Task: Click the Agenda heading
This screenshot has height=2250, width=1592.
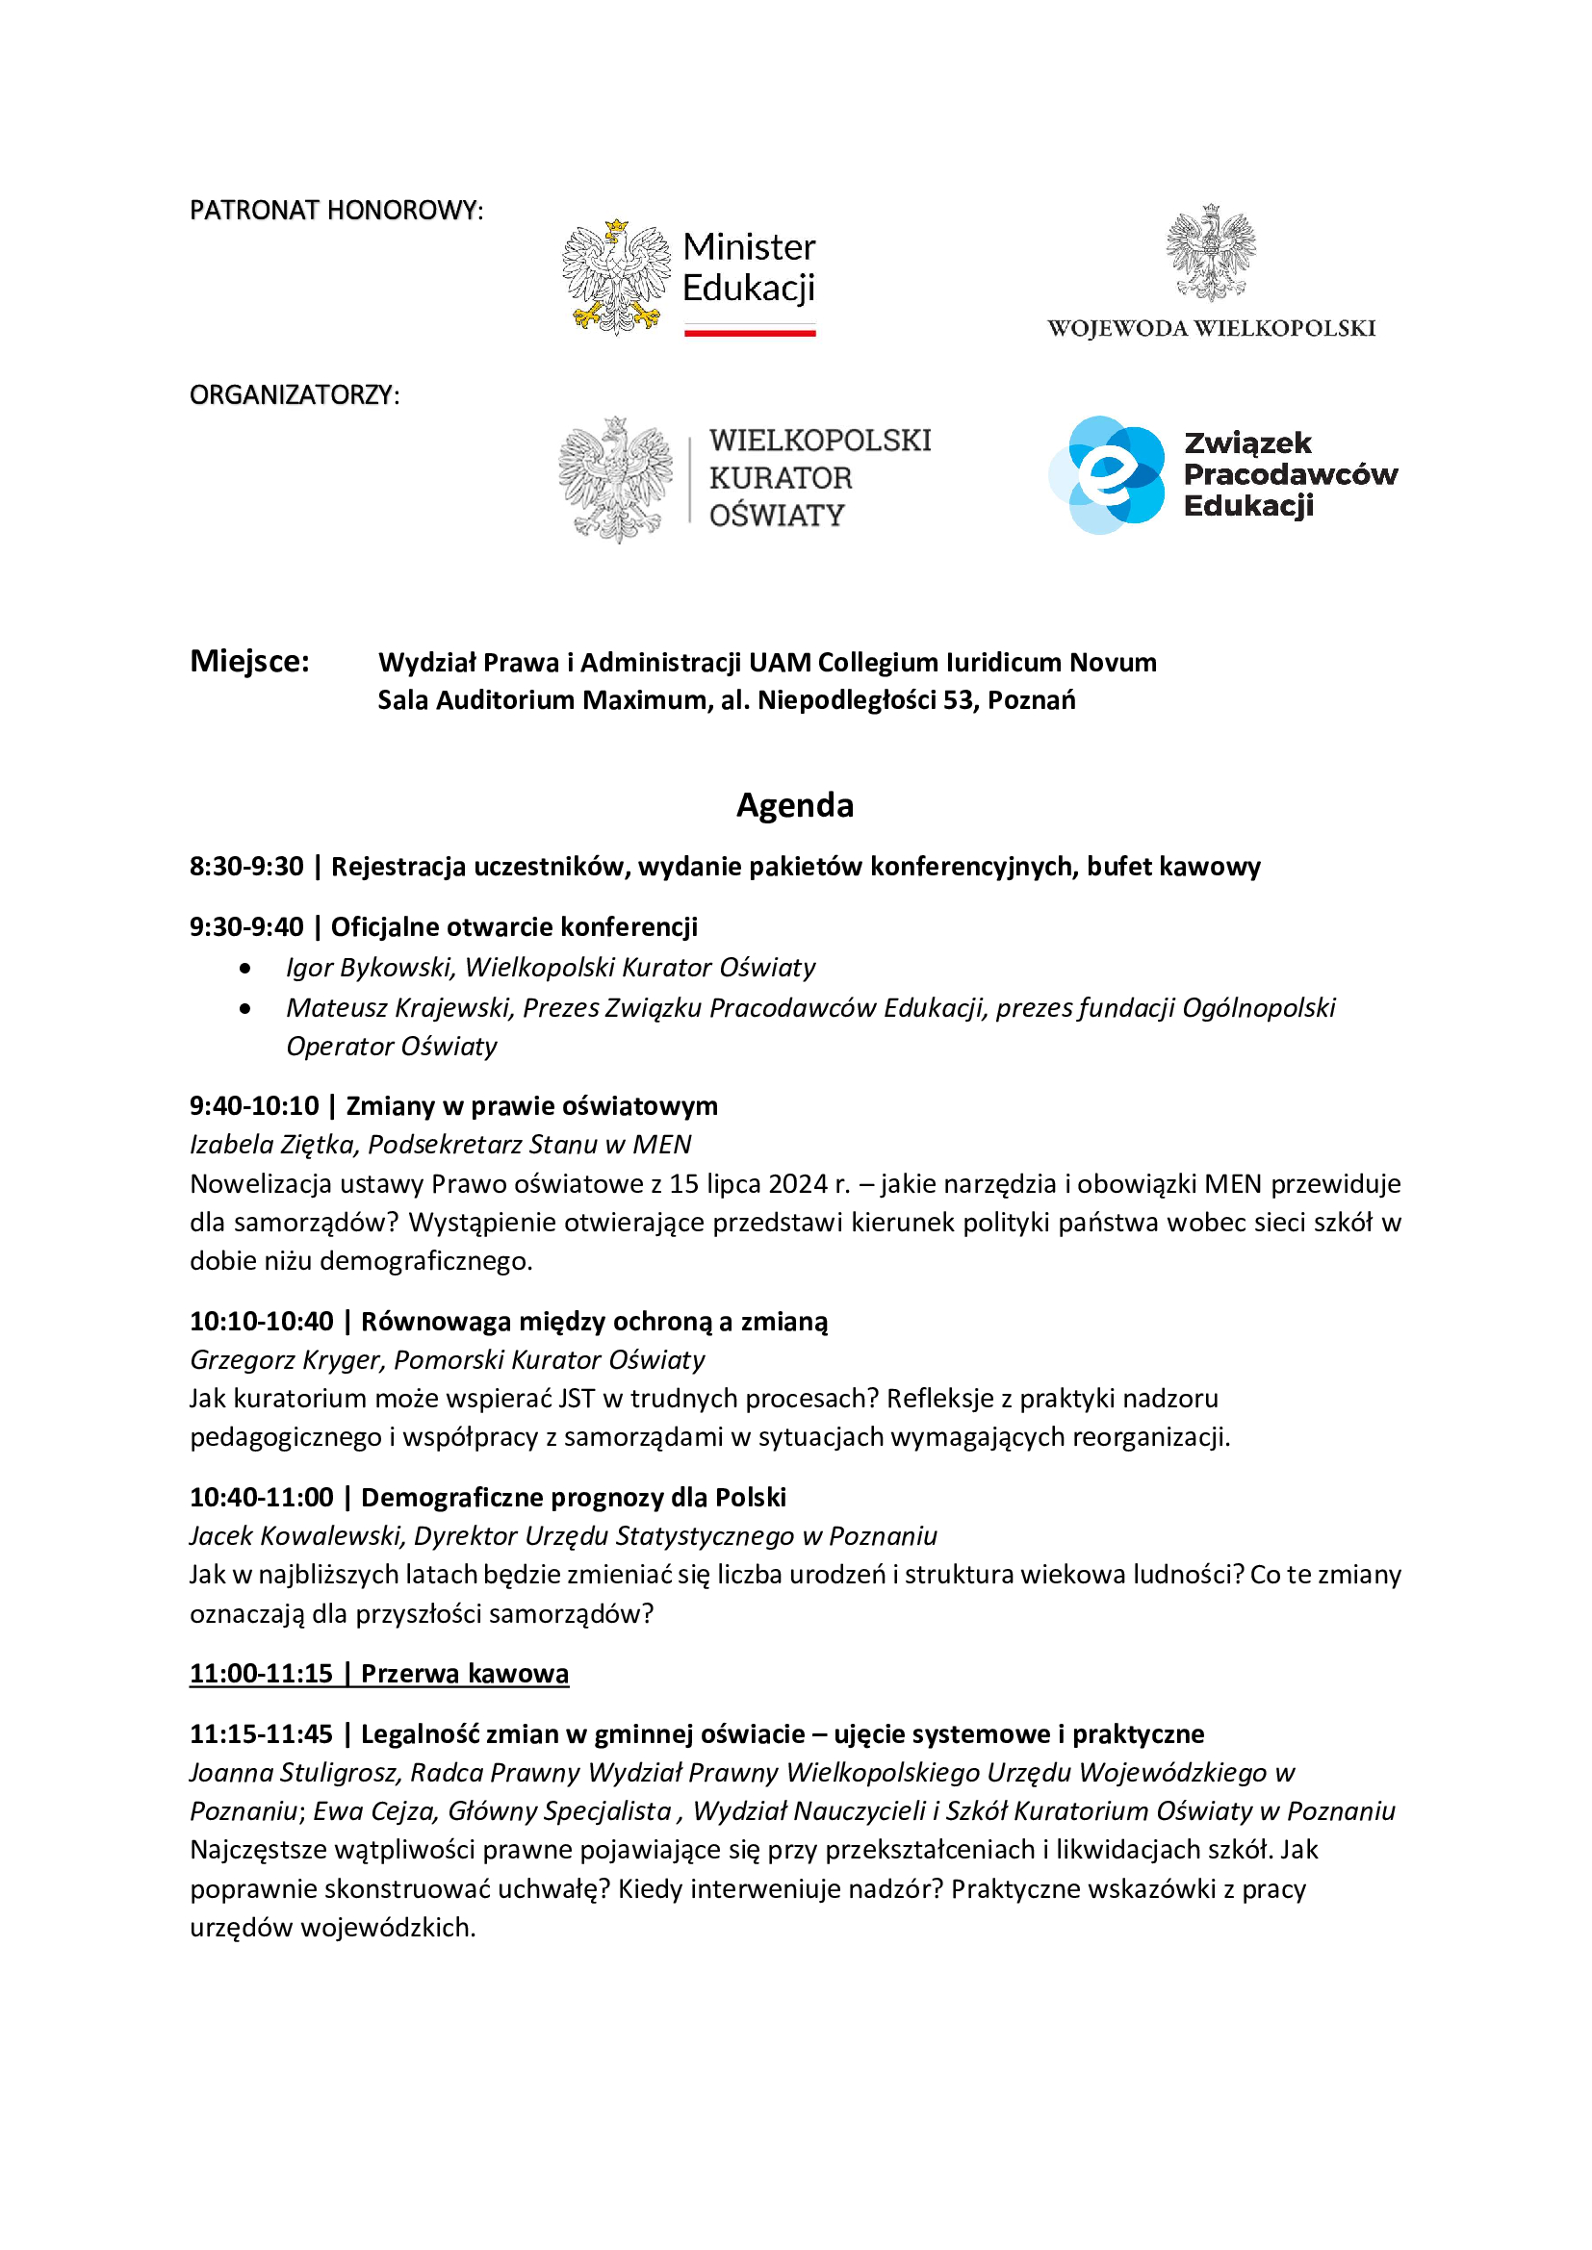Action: pyautogui.click(x=794, y=805)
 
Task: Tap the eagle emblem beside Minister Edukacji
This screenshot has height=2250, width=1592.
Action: pyautogui.click(x=616, y=277)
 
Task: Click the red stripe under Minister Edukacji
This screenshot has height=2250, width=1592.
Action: pyautogui.click(x=750, y=333)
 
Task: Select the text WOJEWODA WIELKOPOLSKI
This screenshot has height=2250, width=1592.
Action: pyautogui.click(x=1211, y=328)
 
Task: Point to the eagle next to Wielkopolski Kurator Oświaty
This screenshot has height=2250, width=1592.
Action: pyautogui.click(x=616, y=479)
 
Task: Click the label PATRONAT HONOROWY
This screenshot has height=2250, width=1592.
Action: pyautogui.click(x=335, y=211)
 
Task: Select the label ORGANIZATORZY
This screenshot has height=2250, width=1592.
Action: pyautogui.click(x=295, y=395)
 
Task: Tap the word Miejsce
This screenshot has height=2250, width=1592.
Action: pyautogui.click(x=249, y=662)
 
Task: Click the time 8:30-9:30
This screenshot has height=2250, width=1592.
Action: pyautogui.click(x=246, y=867)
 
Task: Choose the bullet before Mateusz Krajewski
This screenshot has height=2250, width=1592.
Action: pyautogui.click(x=244, y=1007)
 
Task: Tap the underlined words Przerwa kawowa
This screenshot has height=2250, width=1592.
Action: pyautogui.click(x=464, y=1673)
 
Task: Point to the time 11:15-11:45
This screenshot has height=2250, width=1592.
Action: pyautogui.click(x=261, y=1733)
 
